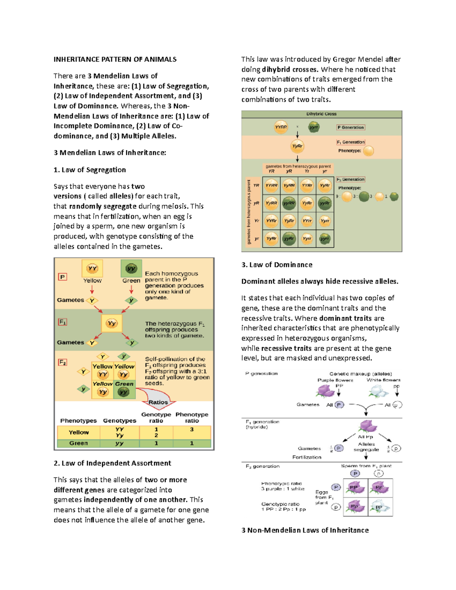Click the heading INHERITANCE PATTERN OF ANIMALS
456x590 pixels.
point(115,59)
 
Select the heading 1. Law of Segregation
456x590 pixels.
point(90,170)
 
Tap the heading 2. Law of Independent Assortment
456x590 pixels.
point(112,463)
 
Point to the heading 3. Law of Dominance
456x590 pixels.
point(277,265)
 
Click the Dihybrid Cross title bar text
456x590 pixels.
point(321,114)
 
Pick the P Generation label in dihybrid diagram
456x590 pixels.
point(350,127)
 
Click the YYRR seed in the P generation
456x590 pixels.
point(281,127)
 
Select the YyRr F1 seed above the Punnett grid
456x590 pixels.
point(297,146)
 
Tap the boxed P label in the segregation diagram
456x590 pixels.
point(62,277)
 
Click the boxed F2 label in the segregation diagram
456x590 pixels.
point(62,362)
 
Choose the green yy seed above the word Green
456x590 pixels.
point(131,269)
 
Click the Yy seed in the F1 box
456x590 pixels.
point(111,323)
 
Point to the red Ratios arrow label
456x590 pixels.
point(158,402)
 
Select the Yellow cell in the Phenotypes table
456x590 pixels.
point(79,432)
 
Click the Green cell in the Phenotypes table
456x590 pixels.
point(79,443)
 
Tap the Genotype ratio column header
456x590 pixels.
point(156,418)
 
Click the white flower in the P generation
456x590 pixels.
point(377,391)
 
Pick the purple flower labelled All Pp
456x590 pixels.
point(367,427)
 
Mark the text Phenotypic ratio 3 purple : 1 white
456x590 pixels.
point(282,486)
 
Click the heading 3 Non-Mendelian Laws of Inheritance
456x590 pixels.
point(305,530)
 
